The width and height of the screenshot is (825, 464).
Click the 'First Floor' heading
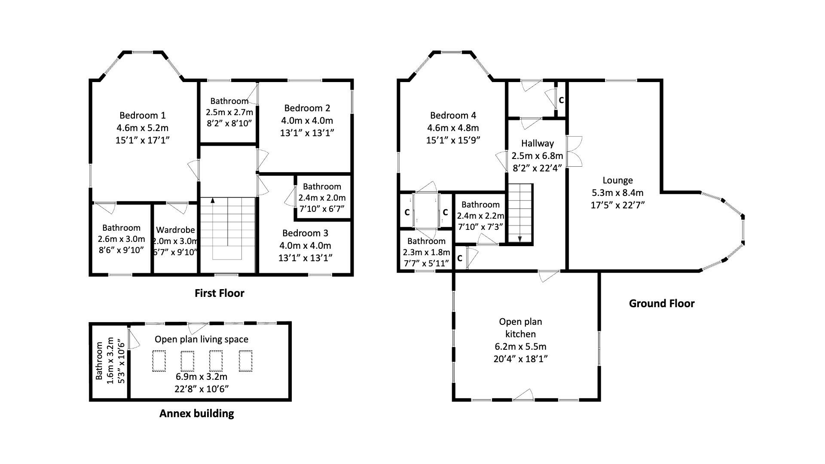point(219,293)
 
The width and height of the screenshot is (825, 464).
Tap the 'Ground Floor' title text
point(661,304)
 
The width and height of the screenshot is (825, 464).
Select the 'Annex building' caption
point(196,414)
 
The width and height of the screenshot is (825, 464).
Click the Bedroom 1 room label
point(142,115)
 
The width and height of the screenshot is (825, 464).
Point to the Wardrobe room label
point(175,230)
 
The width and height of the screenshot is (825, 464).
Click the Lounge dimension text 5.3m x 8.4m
point(617,192)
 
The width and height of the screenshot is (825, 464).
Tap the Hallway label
point(537,143)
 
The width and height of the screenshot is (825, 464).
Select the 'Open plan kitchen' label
point(520,327)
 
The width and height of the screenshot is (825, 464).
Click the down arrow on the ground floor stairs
point(520,239)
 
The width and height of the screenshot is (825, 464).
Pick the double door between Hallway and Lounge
point(574,152)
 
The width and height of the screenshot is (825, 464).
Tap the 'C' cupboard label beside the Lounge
point(561,101)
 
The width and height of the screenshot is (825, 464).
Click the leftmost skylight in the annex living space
point(159,361)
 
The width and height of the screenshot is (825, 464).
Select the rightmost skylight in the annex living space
point(245,361)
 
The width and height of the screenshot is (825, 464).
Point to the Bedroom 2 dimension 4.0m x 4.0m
point(307,120)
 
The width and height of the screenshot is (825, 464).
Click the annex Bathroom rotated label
point(99,361)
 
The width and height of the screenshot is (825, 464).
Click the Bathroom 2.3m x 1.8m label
point(426,241)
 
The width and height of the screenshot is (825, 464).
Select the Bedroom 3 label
point(305,233)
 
